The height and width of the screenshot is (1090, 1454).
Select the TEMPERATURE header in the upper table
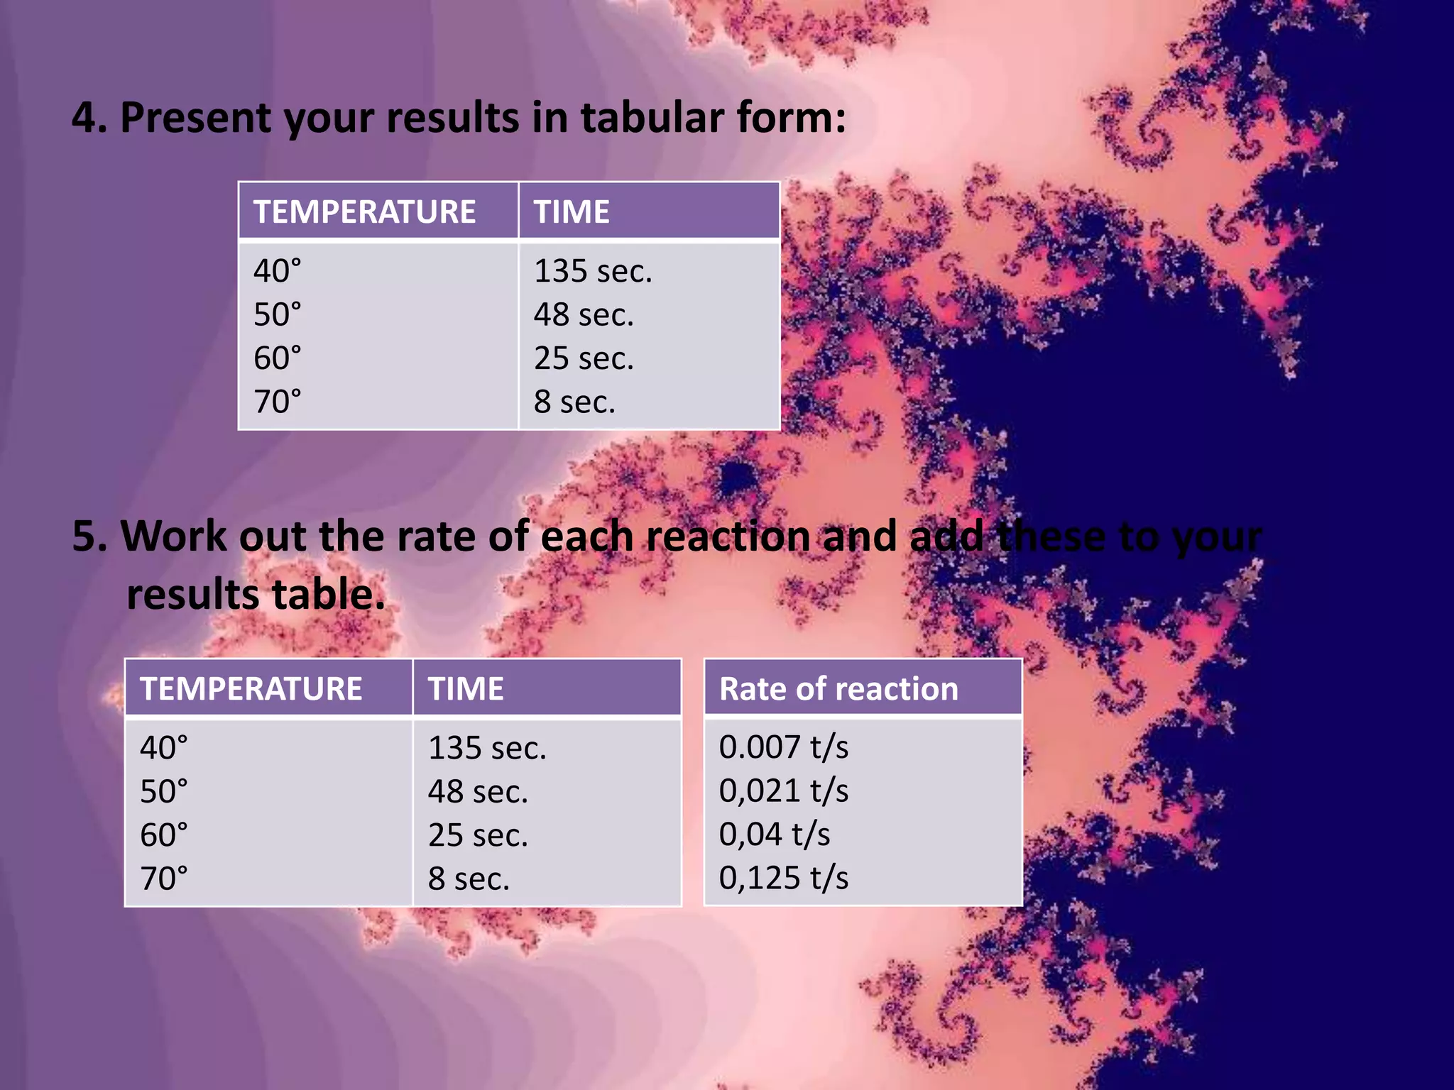tap(364, 211)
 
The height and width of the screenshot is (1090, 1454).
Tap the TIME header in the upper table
tap(572, 211)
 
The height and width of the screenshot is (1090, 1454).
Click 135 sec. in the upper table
tap(593, 271)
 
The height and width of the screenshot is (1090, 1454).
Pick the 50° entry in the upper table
tap(277, 314)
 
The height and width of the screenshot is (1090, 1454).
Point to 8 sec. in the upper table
tap(574, 402)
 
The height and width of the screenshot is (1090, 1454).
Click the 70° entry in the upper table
tap(277, 402)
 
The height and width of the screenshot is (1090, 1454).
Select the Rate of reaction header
tap(838, 689)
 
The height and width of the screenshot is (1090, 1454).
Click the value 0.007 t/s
tap(783, 747)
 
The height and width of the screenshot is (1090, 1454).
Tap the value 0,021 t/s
tap(783, 791)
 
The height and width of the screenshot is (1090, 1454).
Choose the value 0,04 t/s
tap(774, 835)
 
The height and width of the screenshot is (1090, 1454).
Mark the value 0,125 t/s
tap(783, 878)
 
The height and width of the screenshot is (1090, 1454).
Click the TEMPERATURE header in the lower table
tap(251, 689)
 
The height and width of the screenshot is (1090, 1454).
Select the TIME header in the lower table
tap(466, 689)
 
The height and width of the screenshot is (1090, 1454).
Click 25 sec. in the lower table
tap(478, 835)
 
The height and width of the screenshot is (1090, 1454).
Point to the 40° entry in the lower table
tap(163, 748)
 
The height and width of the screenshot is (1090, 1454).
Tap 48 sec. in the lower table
tap(478, 791)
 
